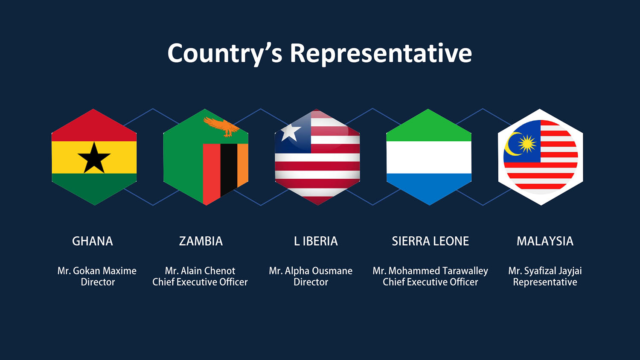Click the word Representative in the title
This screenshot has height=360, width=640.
click(381, 54)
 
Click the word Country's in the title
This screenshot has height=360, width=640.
click(225, 54)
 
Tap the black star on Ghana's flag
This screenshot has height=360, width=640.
click(94, 158)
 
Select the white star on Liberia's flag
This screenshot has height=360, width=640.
click(291, 132)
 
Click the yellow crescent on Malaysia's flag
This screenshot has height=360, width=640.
click(512, 144)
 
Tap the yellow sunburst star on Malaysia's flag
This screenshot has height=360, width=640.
click(527, 143)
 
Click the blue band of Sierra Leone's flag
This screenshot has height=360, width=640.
click(429, 187)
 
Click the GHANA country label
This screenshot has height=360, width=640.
click(92, 241)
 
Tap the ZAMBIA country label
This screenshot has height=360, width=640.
click(201, 241)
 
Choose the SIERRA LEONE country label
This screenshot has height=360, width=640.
click(430, 241)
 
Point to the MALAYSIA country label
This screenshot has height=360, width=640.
click(545, 241)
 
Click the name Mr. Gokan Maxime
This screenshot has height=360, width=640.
click(97, 270)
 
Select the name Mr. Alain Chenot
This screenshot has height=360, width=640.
click(200, 270)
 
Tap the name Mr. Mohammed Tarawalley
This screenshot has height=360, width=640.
click(430, 271)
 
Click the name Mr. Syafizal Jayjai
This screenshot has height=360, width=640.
click(545, 271)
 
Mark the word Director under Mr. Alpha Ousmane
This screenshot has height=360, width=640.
click(311, 282)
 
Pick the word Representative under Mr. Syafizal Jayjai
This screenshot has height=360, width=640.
click(545, 282)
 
